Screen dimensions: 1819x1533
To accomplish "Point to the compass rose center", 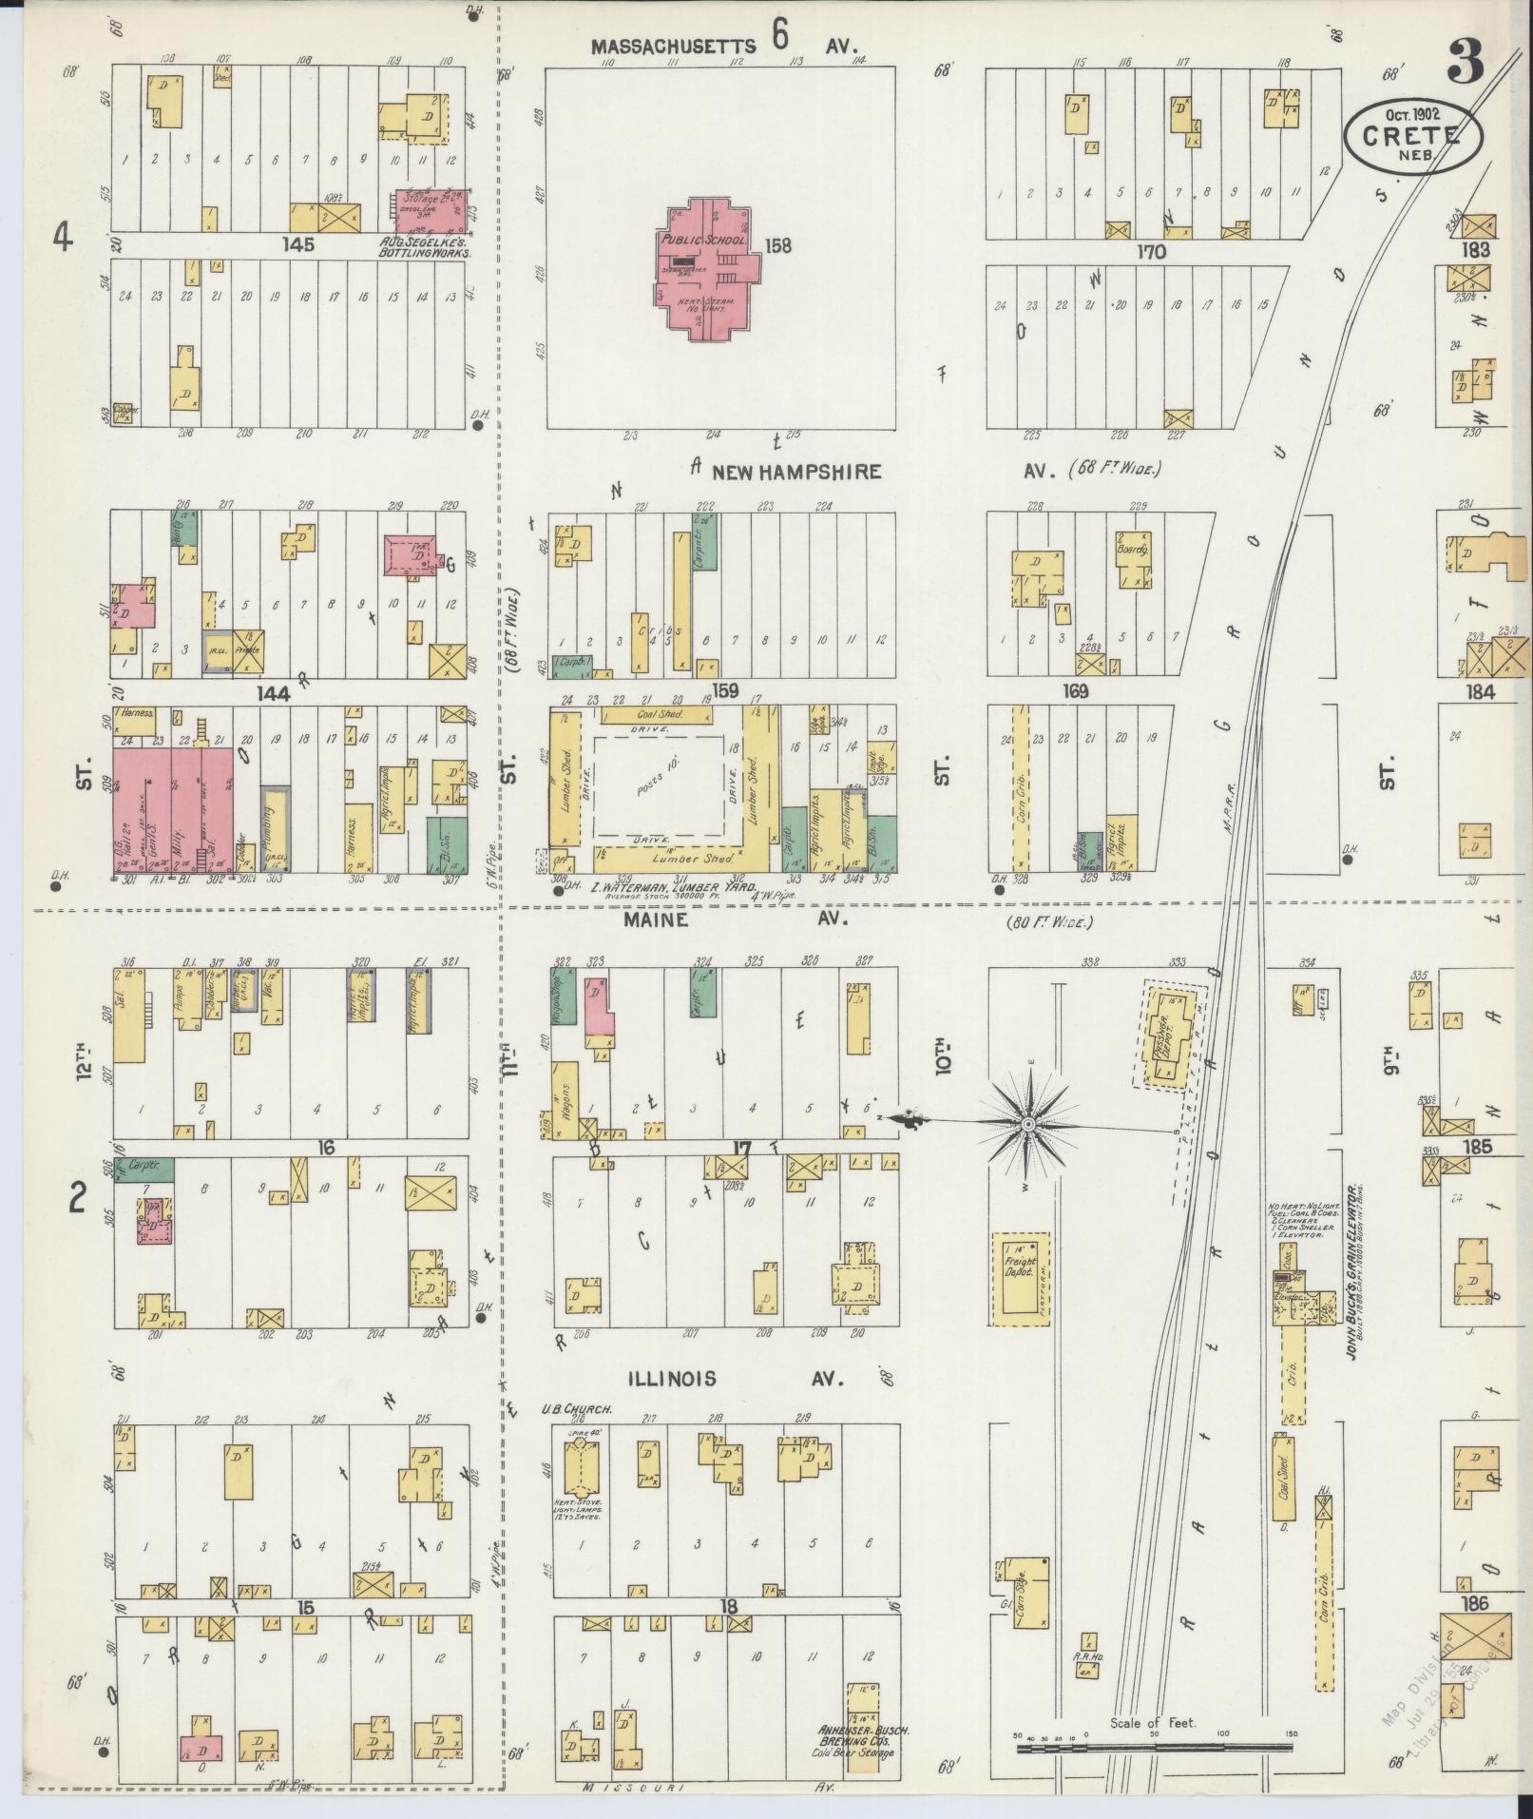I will pos(1027,1125).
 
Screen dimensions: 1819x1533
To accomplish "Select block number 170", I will pos(1151,252).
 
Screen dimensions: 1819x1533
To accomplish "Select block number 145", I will pos(297,245).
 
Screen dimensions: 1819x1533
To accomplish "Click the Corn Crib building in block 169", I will pos(1021,788).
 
